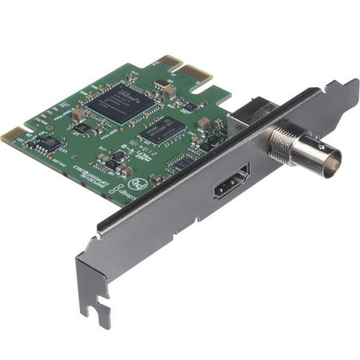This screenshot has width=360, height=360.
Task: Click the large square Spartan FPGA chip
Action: [119, 103]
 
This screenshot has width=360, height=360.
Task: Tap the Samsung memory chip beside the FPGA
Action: [160, 129]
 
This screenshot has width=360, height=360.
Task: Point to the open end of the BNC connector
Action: [331, 161]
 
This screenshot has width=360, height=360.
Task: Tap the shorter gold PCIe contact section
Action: [170, 61]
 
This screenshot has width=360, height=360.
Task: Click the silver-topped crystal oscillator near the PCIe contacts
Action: [162, 83]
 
